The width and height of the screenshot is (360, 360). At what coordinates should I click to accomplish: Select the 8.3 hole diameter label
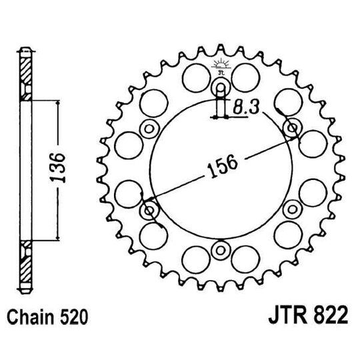247,105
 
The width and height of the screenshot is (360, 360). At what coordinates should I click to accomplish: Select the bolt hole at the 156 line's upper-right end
291,127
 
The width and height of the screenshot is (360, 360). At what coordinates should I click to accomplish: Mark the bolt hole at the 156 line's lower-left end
149,211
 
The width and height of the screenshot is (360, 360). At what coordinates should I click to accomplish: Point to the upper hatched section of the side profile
25,73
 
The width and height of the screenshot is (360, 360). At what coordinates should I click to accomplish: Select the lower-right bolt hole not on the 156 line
291,210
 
